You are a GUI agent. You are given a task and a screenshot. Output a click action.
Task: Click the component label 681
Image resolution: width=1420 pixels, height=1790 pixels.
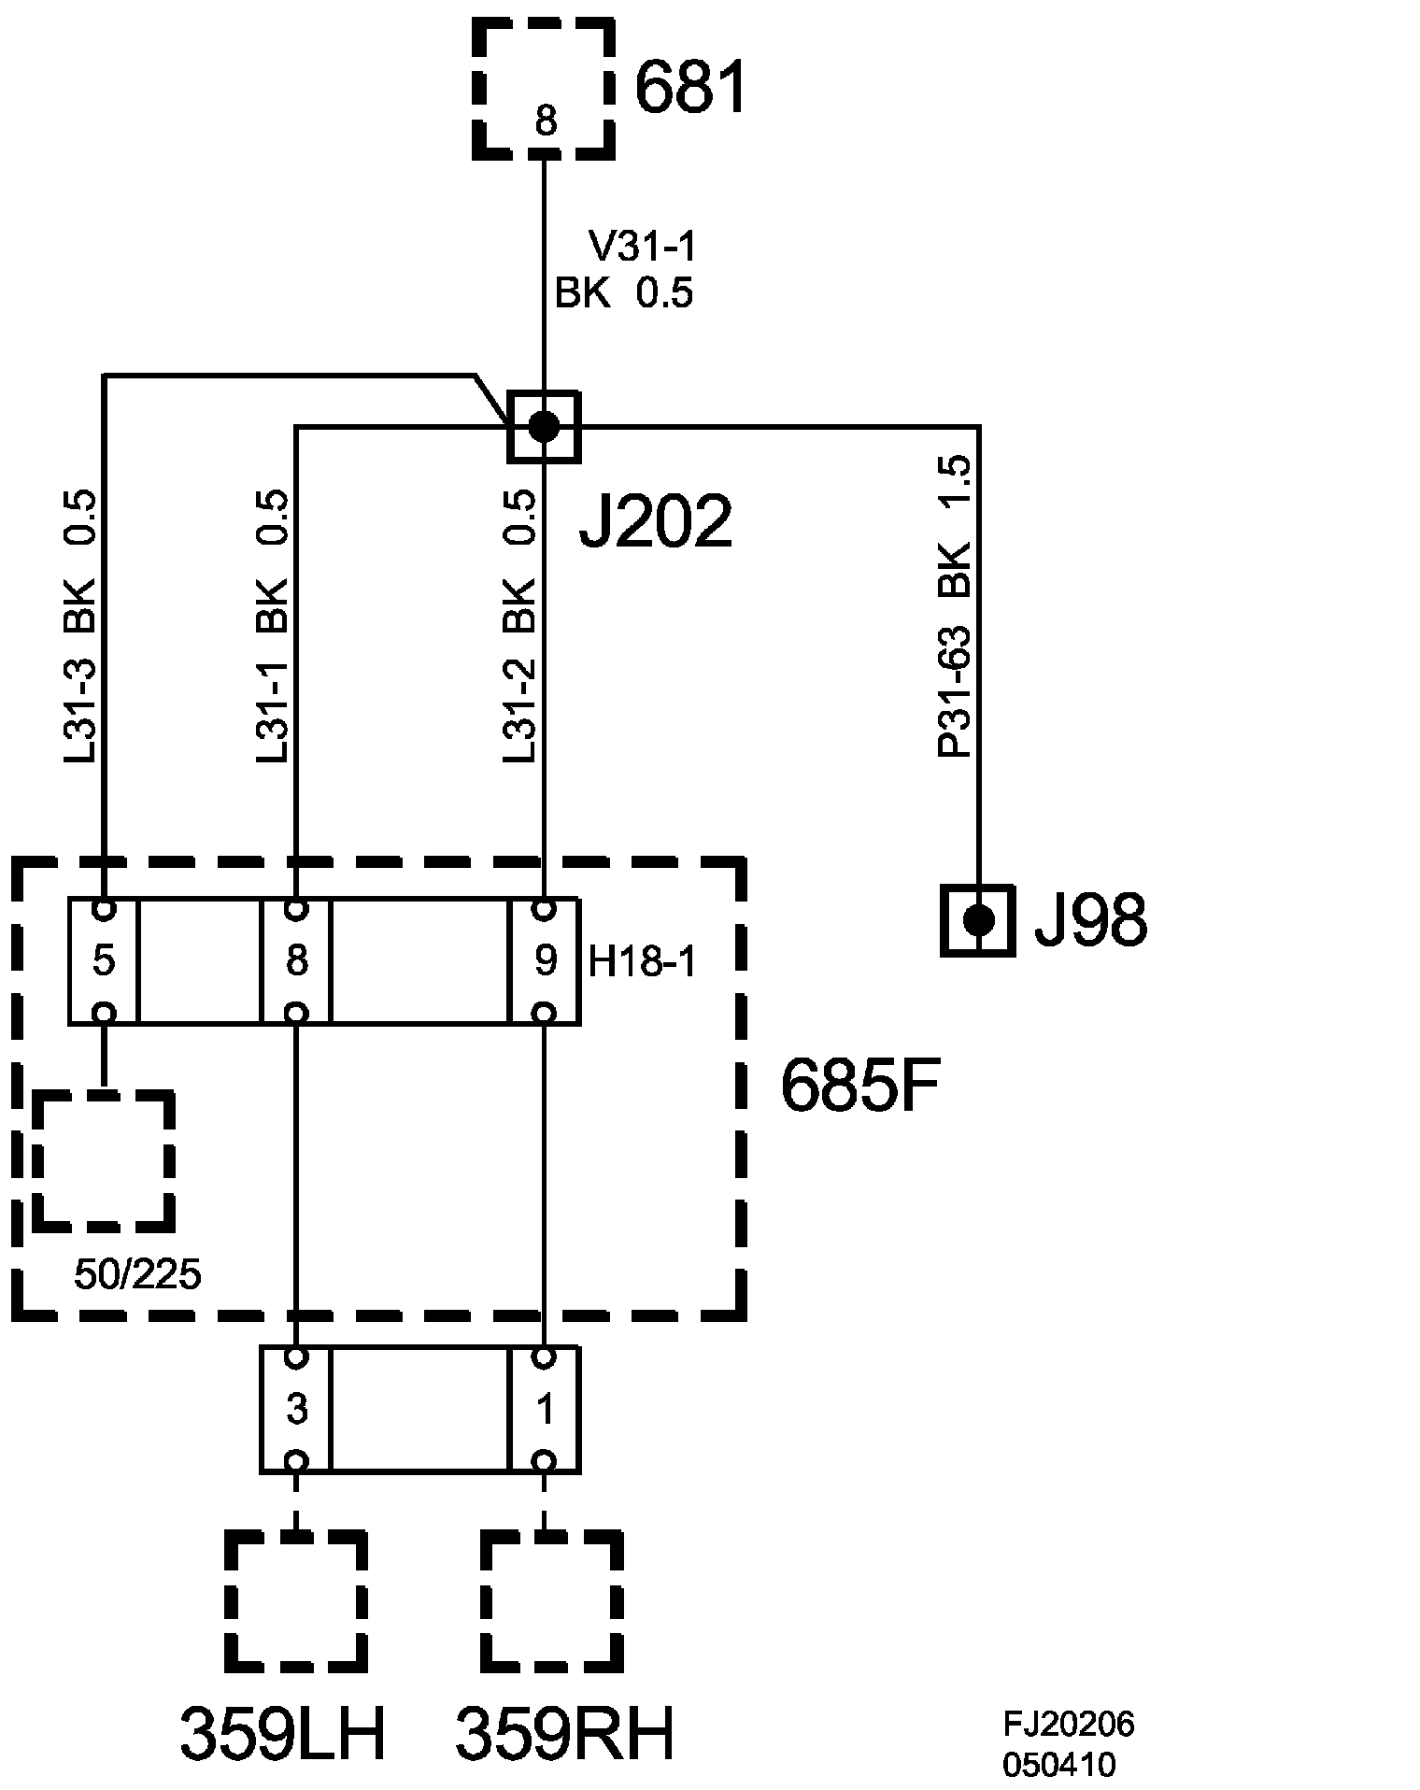tap(691, 89)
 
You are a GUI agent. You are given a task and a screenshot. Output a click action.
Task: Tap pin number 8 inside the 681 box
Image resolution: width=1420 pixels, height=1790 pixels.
tap(546, 121)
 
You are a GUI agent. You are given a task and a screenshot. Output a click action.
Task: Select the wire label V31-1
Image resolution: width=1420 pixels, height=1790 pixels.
tap(643, 248)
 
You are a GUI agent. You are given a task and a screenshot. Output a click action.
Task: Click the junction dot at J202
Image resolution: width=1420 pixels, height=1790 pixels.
tap(544, 427)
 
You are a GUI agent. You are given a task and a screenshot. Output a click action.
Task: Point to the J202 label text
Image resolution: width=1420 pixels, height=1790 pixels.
tap(655, 521)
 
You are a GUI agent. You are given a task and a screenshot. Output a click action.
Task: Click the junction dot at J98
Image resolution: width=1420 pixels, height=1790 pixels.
tap(978, 920)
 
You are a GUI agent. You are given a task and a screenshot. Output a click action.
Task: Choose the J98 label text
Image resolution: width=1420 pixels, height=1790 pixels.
tap(1090, 921)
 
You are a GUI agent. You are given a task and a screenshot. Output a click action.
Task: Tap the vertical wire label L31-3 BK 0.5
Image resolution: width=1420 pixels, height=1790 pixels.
tap(80, 626)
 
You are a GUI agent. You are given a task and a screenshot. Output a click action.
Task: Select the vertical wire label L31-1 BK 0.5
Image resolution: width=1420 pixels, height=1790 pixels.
tap(272, 626)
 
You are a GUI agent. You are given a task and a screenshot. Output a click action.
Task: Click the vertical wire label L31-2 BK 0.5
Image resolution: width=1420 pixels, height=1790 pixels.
tap(519, 626)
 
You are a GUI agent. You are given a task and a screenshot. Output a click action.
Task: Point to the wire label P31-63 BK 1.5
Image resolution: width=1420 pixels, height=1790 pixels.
tap(955, 605)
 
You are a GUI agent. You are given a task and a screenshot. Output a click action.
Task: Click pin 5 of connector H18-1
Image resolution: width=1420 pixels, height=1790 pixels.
tap(104, 960)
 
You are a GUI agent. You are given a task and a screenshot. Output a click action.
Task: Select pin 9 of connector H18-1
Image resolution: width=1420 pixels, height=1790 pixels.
tap(545, 960)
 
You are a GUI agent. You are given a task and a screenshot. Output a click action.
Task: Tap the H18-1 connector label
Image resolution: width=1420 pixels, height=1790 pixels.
tap(642, 962)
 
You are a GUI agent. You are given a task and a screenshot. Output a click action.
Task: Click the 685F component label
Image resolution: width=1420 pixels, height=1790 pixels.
tap(859, 1086)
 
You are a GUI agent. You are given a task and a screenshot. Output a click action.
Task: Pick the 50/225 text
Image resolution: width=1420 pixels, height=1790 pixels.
tap(137, 1275)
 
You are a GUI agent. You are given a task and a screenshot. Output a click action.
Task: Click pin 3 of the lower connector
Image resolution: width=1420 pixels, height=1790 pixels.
tap(296, 1409)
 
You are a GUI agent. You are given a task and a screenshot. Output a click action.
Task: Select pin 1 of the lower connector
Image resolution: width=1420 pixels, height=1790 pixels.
tap(545, 1409)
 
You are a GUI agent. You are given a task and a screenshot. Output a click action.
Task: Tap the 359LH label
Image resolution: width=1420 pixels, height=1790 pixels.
tap(282, 1735)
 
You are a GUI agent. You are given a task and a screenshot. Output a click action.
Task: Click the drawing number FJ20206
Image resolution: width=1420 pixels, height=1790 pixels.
tap(1069, 1724)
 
